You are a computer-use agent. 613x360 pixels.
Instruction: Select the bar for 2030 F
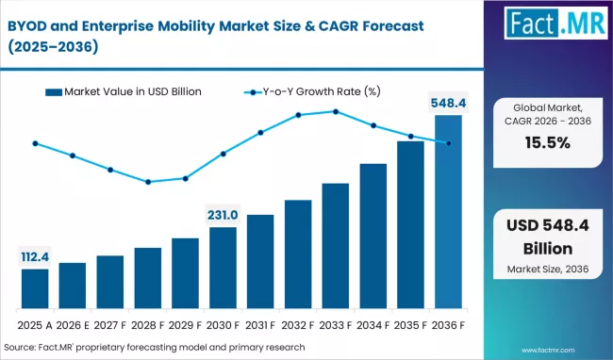223,269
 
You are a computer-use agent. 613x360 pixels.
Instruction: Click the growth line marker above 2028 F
148,182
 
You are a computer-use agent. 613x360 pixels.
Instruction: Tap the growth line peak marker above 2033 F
336,111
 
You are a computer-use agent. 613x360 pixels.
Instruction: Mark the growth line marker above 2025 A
35,143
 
